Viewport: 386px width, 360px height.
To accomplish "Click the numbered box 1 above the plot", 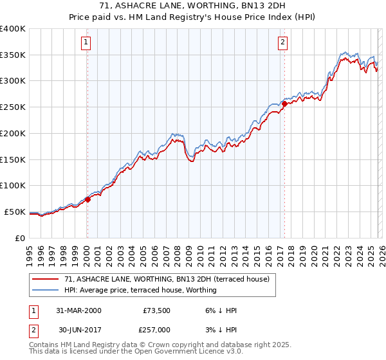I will coord(86,43).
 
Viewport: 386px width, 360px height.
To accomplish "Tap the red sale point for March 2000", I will coord(88,199).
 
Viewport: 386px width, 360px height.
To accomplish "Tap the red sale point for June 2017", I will coord(284,104).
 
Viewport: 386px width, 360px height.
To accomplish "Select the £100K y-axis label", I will coord(13,185).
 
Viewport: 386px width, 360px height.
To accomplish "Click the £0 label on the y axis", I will coord(20,238).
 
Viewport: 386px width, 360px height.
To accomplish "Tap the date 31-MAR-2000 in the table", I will coord(78,310).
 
